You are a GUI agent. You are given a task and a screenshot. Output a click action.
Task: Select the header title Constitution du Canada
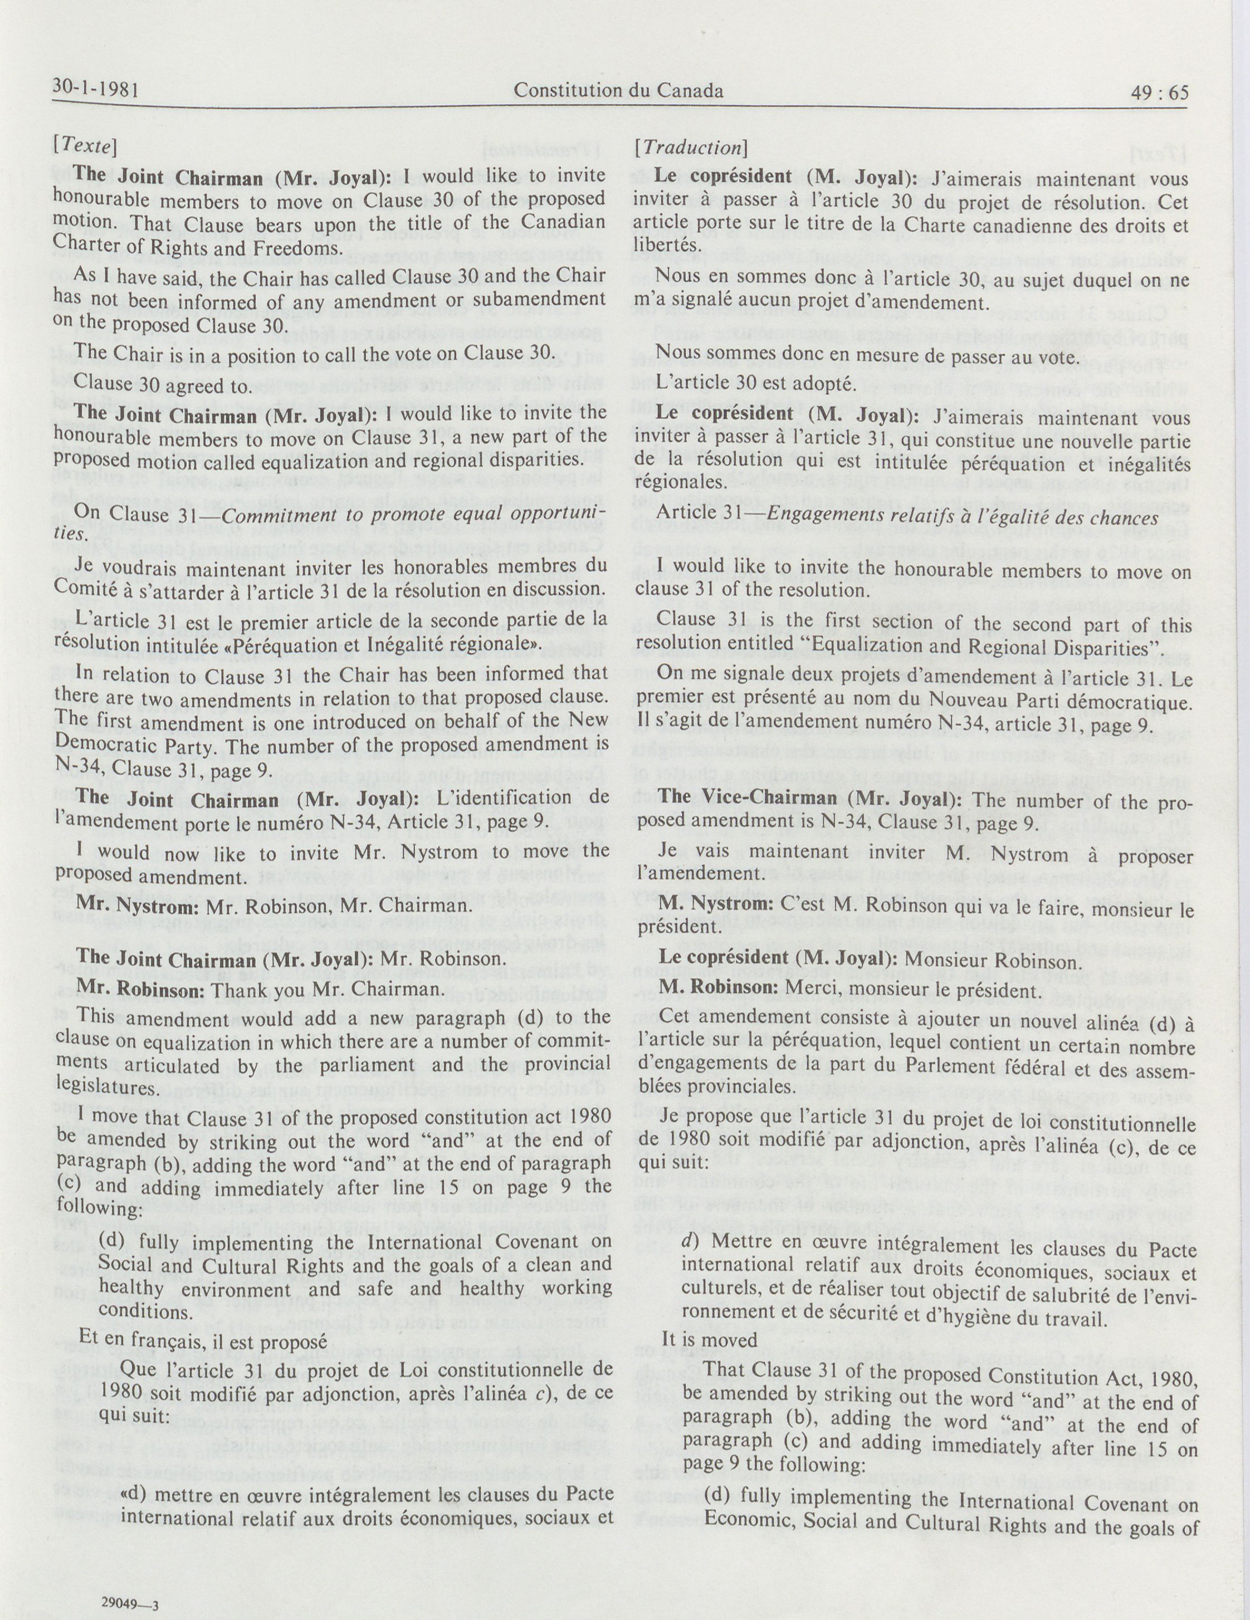coord(619,91)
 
